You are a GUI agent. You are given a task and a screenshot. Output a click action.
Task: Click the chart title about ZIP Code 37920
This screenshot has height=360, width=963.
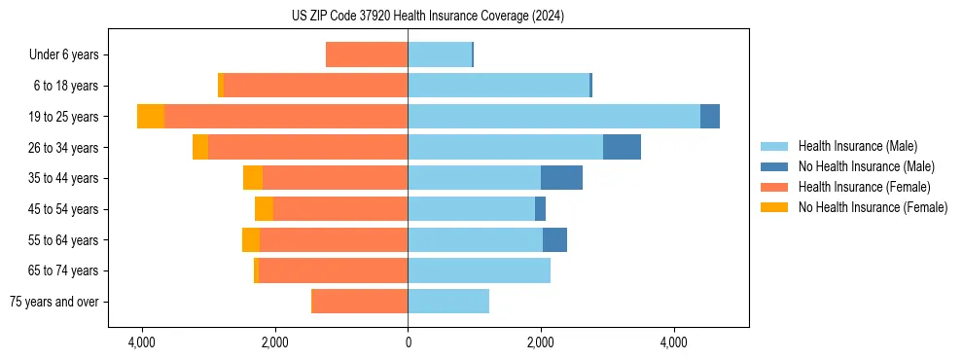(x=427, y=17)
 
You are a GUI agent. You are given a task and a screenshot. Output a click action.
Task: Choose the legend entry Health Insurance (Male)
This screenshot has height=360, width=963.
(x=857, y=146)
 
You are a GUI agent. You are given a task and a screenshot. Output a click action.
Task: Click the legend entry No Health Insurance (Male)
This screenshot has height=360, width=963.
(x=866, y=166)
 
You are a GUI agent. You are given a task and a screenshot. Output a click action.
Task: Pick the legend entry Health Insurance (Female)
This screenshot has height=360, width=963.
(x=864, y=187)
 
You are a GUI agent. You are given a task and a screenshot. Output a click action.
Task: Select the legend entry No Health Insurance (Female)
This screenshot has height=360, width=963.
(x=873, y=207)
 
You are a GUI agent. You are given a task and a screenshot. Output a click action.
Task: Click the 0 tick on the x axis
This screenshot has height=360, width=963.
(x=408, y=342)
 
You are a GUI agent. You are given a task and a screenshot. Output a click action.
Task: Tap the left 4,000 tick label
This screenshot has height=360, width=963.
(x=142, y=342)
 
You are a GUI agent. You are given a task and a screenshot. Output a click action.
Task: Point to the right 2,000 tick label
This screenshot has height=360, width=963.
(x=541, y=342)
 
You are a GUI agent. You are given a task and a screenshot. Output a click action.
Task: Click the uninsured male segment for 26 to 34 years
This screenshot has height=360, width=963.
(x=622, y=147)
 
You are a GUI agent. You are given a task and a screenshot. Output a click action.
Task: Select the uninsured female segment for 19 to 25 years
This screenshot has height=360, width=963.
(x=151, y=117)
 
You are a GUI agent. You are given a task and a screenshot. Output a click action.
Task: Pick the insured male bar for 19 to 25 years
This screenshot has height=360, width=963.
(x=553, y=117)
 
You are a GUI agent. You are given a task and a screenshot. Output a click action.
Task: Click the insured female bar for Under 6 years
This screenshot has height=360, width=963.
(x=367, y=55)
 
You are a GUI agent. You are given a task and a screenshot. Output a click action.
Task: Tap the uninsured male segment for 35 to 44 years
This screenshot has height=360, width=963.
(x=561, y=178)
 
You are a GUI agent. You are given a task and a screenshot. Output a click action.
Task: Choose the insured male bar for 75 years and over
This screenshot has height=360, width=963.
(x=448, y=302)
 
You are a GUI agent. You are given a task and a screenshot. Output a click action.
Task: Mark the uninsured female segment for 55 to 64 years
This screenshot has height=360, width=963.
(x=251, y=240)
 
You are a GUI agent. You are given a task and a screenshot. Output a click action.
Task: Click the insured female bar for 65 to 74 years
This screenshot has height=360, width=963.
(x=333, y=270)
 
